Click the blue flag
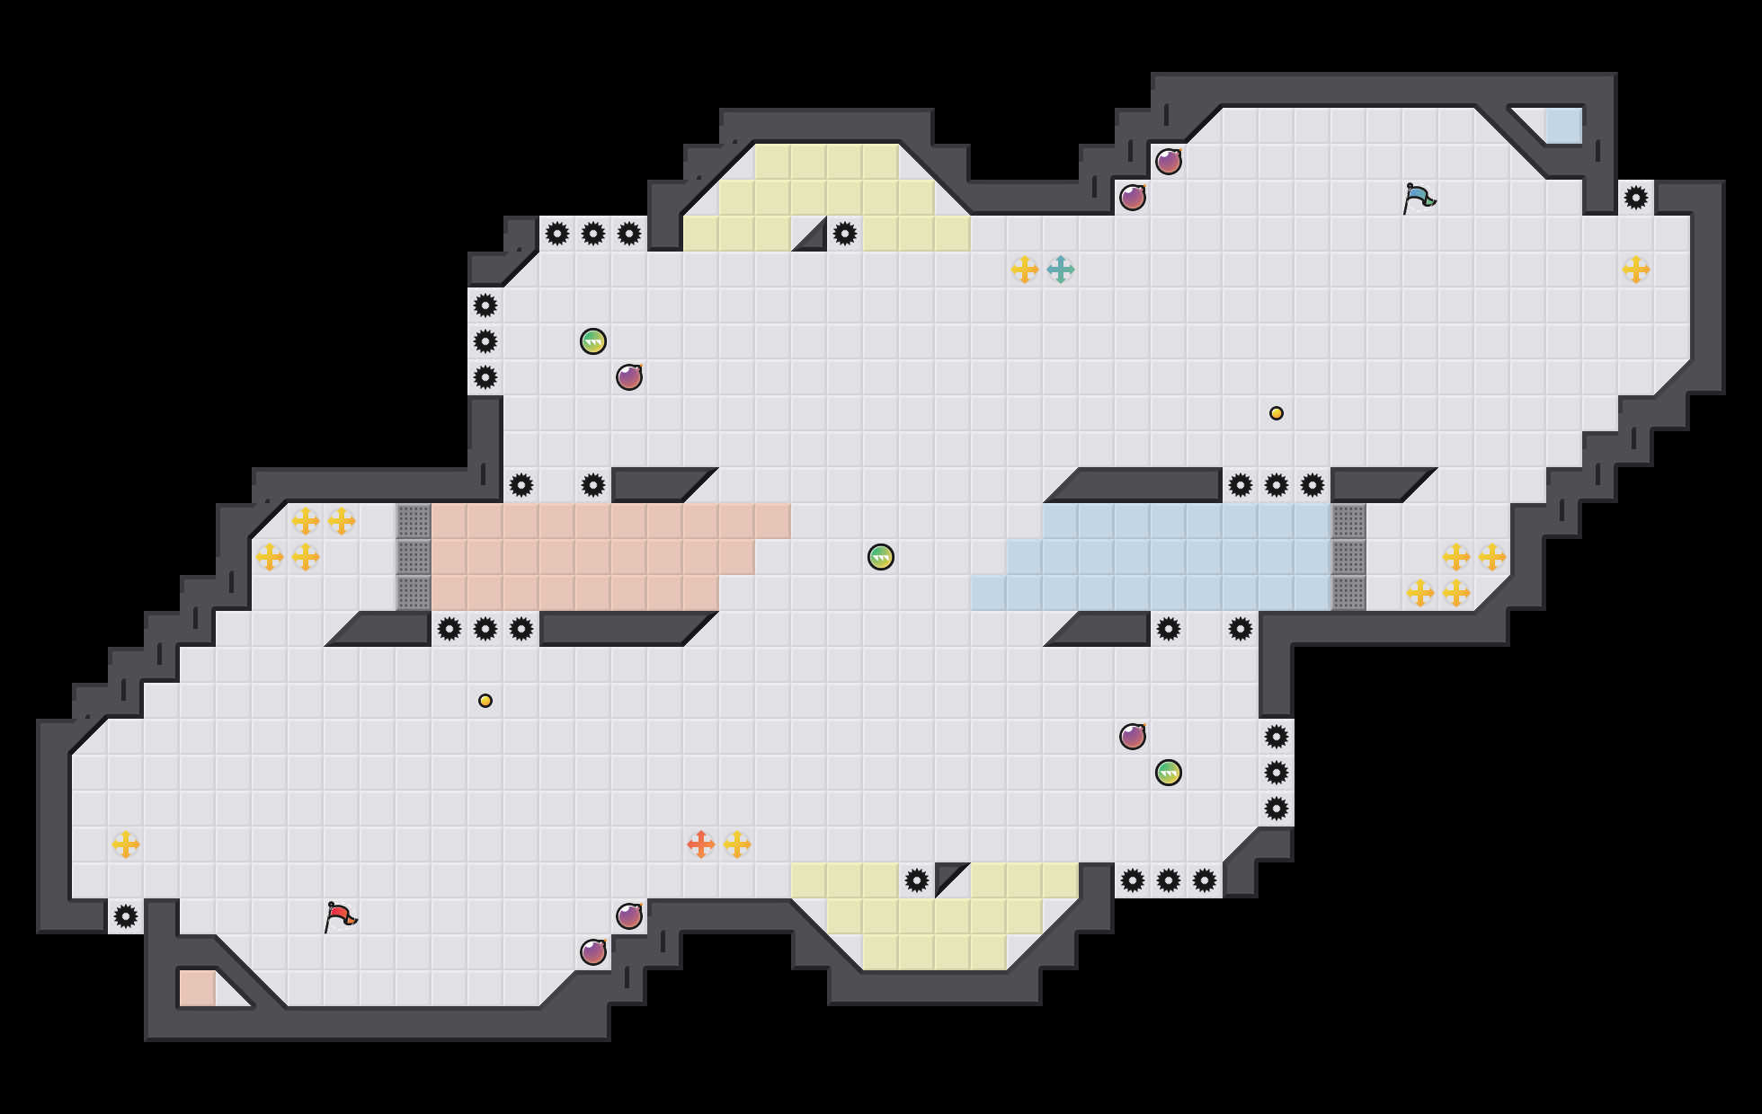[1419, 198]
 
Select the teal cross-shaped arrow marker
[1061, 270]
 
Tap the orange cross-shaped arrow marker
[701, 844]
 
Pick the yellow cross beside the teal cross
[1025, 270]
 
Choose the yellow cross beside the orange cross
[737, 844]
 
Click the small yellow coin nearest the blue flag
[1277, 413]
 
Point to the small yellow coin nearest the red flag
[485, 701]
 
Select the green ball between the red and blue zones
[881, 557]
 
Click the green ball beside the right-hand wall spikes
[1169, 773]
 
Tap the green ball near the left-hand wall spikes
[593, 341]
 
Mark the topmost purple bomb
[1169, 162]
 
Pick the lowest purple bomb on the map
[593, 952]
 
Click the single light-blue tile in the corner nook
[1562, 126]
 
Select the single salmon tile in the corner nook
[198, 988]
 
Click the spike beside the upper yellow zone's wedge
[845, 234]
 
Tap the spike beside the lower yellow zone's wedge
[917, 880]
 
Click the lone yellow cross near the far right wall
[1636, 270]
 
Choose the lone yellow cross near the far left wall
[126, 844]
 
